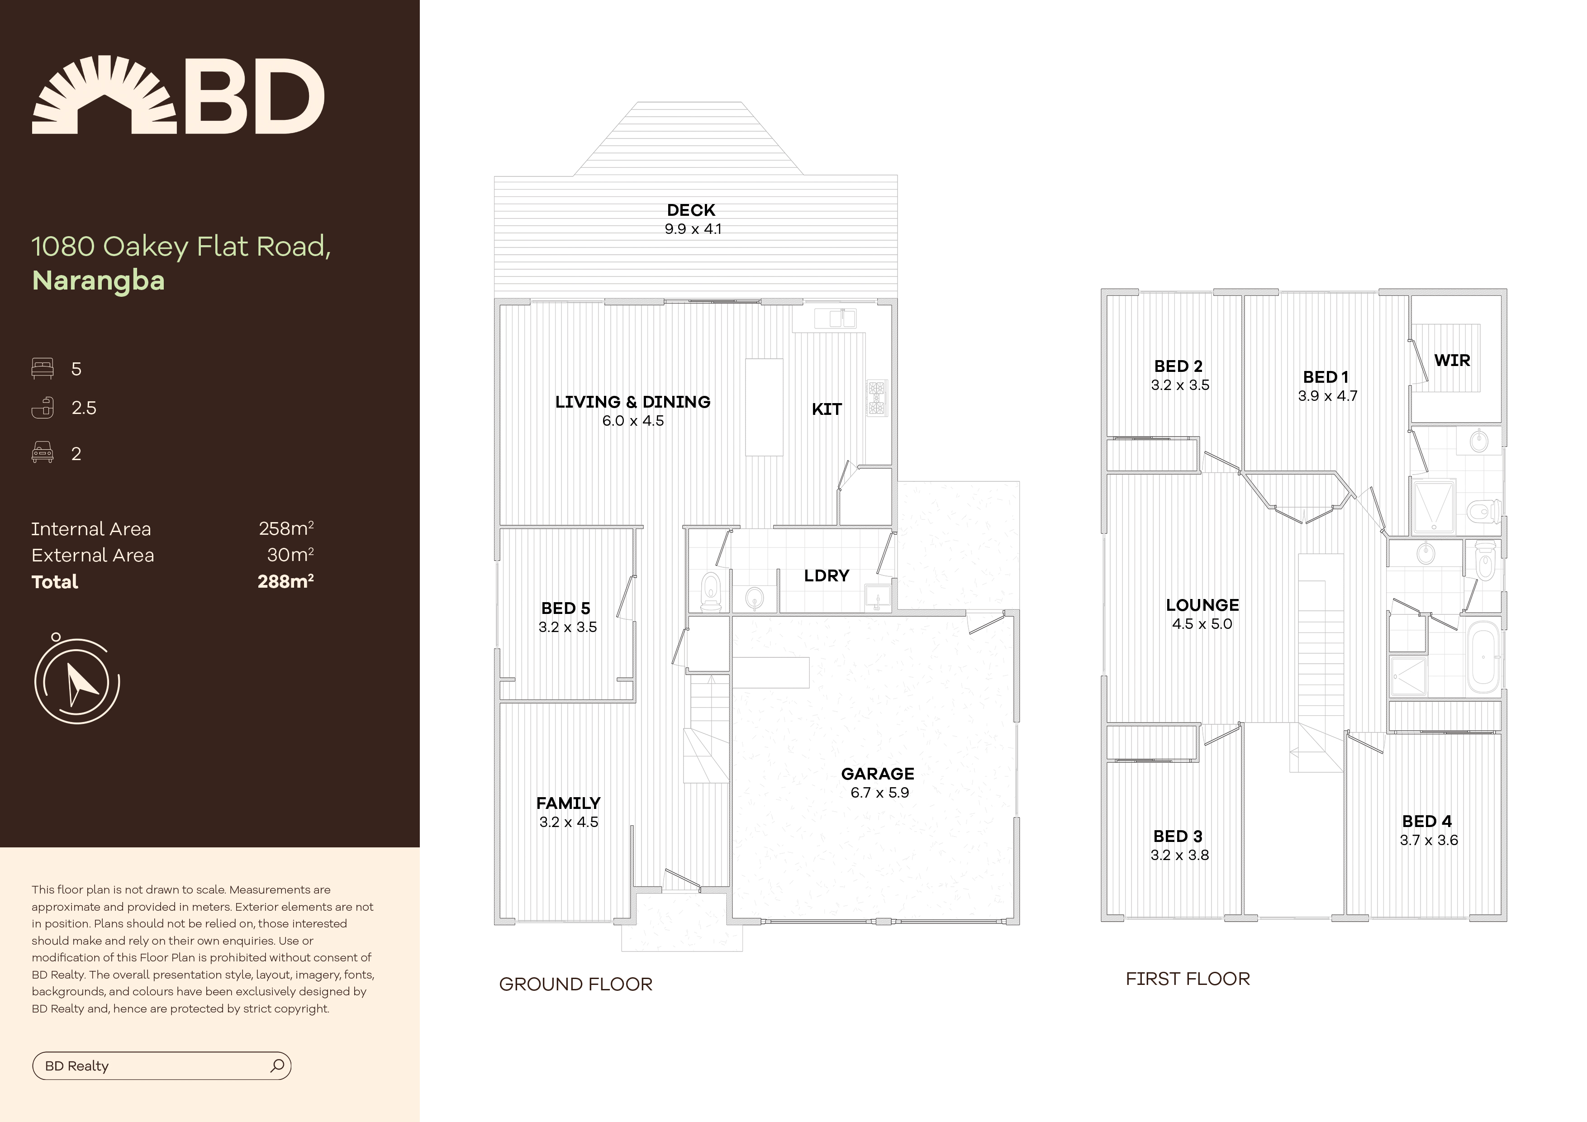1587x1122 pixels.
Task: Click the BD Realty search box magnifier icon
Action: tap(277, 1065)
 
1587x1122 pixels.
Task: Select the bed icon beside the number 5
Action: tap(42, 368)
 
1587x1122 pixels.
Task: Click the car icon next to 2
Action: tap(42, 453)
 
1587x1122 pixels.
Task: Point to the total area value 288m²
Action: tap(285, 581)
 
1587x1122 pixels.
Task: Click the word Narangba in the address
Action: tap(98, 280)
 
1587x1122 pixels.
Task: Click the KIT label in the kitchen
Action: tap(826, 409)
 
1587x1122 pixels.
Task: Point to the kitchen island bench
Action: tap(764, 406)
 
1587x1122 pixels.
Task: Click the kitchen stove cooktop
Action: tap(876, 398)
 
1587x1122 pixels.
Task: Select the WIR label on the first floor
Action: tap(1452, 360)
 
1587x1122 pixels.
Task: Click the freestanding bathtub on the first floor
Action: tap(1482, 657)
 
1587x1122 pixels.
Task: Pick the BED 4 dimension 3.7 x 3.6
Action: tap(1428, 841)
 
